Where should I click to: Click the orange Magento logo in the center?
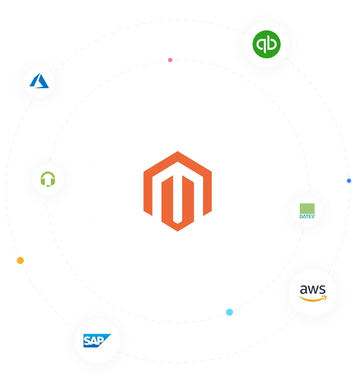[x=177, y=191]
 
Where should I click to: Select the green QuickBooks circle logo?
[x=266, y=45]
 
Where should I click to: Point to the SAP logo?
[x=97, y=340]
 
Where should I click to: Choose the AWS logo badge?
[x=312, y=292]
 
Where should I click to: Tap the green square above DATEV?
[x=307, y=208]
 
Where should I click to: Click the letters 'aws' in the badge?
[x=312, y=289]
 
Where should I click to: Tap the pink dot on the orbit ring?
[x=170, y=60]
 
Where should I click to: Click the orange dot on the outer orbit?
[x=20, y=260]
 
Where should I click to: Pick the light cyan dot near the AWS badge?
[x=229, y=312]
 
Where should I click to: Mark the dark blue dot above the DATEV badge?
[x=349, y=180]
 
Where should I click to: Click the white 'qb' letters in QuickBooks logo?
[x=266, y=45]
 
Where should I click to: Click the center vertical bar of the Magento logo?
[x=177, y=196]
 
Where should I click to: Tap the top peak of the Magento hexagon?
[x=177, y=152]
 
